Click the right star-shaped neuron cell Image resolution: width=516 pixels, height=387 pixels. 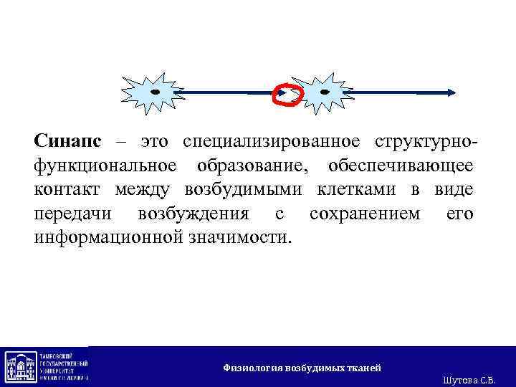322,93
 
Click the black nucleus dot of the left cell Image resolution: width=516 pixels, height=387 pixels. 154,92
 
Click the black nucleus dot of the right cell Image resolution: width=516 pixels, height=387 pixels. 325,92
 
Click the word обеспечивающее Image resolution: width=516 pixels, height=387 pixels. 401,166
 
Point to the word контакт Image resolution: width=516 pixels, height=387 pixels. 68,190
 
